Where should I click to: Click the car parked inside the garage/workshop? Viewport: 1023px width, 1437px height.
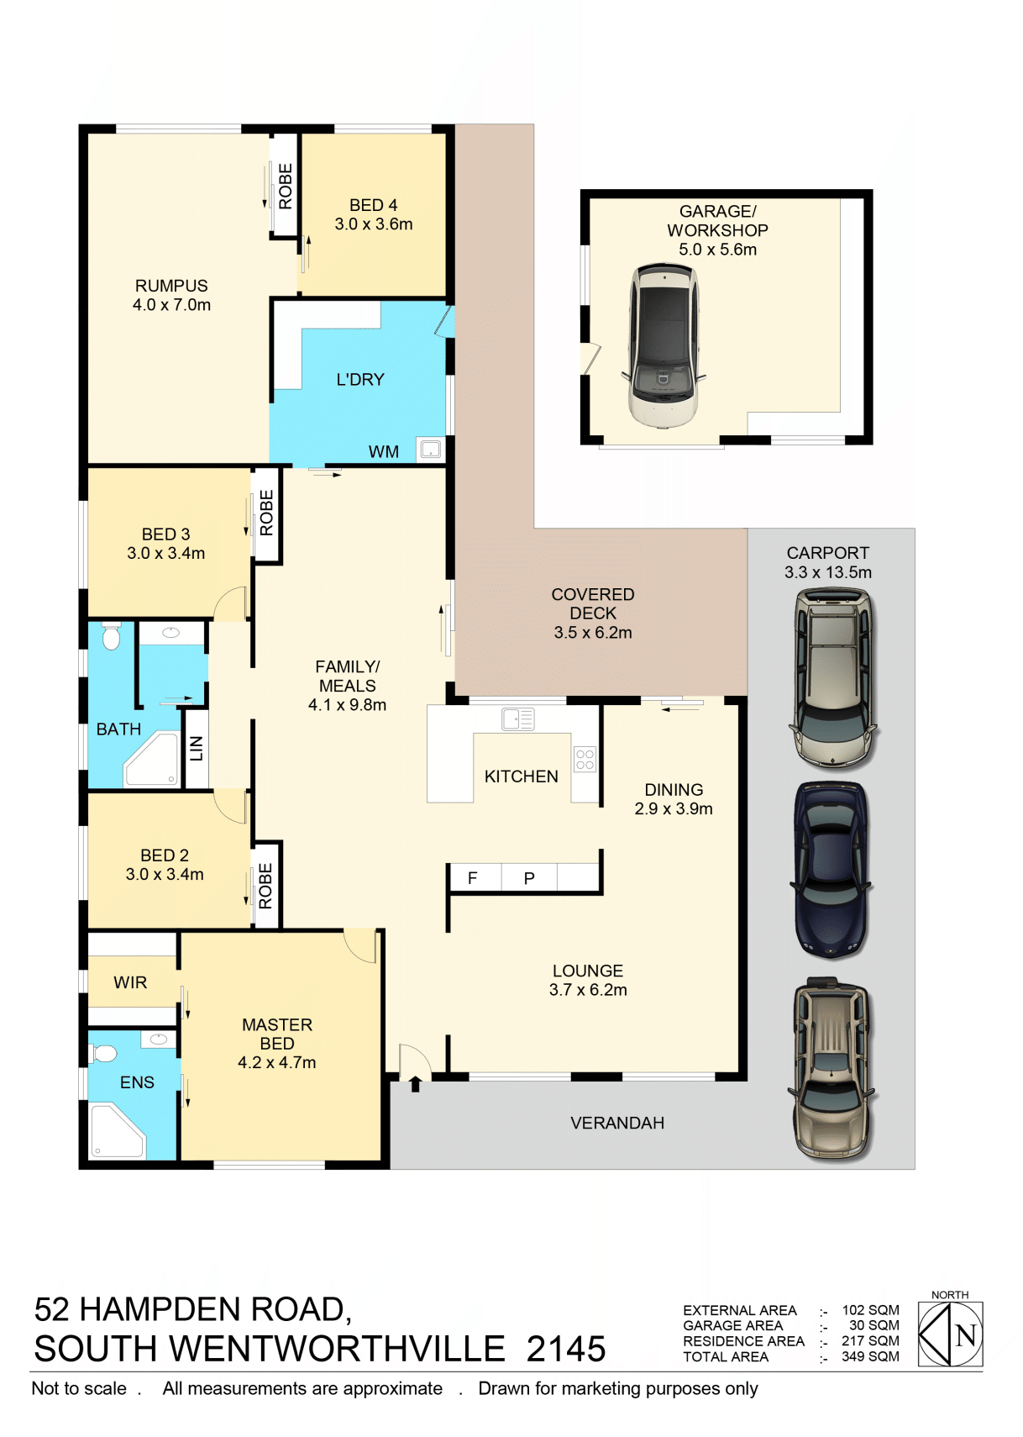(x=664, y=345)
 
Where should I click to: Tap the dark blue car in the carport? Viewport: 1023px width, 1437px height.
(x=832, y=871)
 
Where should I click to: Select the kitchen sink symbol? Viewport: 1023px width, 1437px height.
(x=518, y=719)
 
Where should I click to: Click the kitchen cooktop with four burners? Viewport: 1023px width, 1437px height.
(x=585, y=759)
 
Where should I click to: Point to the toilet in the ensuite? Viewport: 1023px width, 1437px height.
(x=103, y=1053)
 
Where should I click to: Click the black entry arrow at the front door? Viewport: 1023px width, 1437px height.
(x=416, y=1084)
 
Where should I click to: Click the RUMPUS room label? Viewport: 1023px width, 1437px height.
(x=171, y=286)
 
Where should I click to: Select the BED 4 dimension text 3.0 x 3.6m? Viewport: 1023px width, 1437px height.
(x=374, y=224)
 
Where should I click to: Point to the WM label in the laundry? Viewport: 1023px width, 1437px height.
(x=383, y=452)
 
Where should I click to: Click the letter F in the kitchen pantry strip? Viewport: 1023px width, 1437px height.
(x=472, y=878)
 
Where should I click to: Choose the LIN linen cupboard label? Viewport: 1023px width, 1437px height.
(x=197, y=749)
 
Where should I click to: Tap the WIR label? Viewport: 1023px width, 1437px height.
(x=130, y=983)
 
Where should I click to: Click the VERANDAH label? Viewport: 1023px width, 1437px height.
(x=617, y=1124)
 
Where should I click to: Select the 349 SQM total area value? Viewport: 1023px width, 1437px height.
(x=870, y=1357)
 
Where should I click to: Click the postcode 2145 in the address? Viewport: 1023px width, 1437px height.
(x=566, y=1349)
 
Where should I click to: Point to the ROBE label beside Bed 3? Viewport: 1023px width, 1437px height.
(x=266, y=513)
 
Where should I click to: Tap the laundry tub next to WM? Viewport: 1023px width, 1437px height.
(x=430, y=449)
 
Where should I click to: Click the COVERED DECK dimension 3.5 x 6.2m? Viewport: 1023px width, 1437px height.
(x=593, y=633)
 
